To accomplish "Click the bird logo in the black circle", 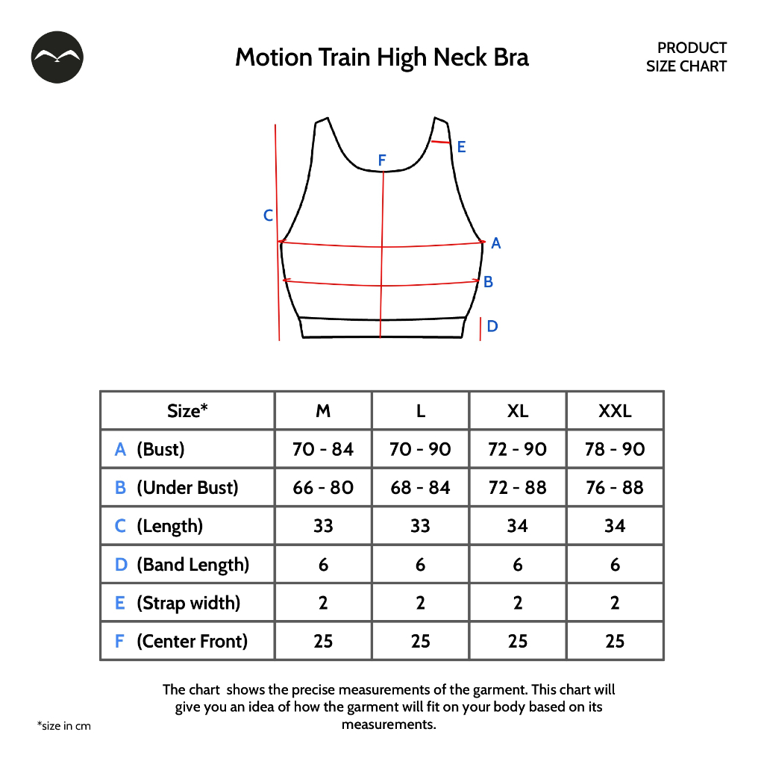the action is coord(57,57).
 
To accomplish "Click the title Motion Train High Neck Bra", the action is coord(382,57).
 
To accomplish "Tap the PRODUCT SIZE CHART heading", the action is coord(686,57).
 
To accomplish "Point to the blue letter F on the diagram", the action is coord(382,160).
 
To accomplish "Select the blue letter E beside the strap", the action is coord(461,147).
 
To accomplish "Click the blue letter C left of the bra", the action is coord(269,216).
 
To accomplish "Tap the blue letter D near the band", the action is coord(492,326).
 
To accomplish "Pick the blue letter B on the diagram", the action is coord(488,282).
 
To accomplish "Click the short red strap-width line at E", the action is coord(441,141).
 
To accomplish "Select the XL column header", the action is coord(518,411).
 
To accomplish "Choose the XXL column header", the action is coord(615,411).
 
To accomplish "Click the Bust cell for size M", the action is coord(323,449).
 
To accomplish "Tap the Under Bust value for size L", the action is coord(421,488).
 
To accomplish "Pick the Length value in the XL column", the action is coord(518,526).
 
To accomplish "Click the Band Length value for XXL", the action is coord(615,565).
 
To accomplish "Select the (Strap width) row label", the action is coord(188,603).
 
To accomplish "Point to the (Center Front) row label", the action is coord(192,641).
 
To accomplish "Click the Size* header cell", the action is coord(187,411).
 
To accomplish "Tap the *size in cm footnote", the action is coord(63,726).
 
